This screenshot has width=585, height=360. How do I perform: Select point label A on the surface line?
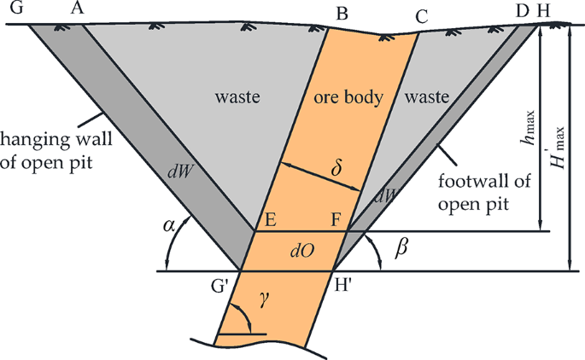click(76, 9)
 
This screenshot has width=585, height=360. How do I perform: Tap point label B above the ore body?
click(342, 13)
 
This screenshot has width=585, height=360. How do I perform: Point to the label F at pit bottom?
click(337, 220)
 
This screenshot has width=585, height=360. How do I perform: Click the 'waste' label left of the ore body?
click(232, 98)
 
